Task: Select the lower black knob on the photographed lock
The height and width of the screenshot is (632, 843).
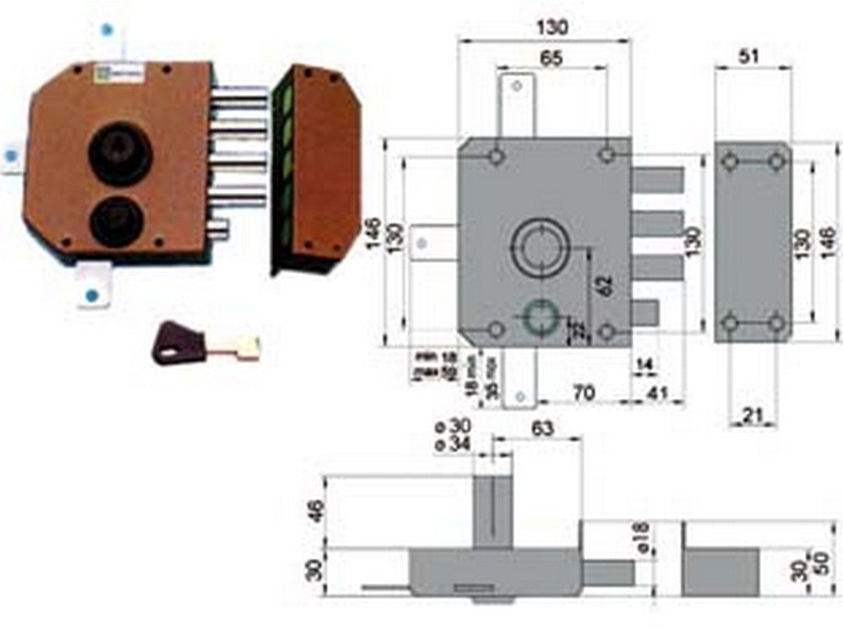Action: [x=116, y=221]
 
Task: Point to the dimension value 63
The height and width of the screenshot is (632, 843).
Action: [x=542, y=428]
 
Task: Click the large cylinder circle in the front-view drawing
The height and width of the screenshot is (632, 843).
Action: [x=539, y=247]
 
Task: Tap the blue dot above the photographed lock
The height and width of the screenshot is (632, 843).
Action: [x=106, y=29]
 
